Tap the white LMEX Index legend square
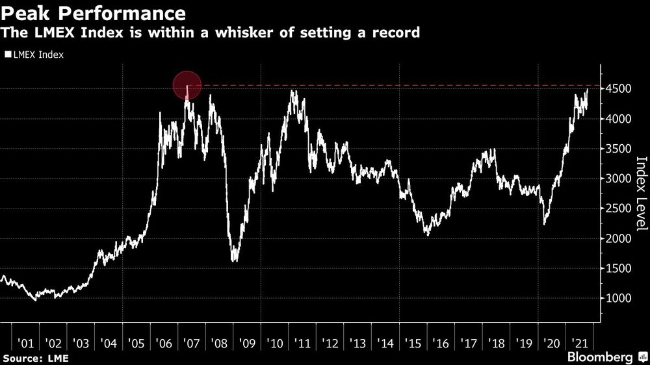pyautogui.click(x=8, y=55)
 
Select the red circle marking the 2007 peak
pyautogui.click(x=187, y=85)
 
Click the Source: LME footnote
pyautogui.click(x=35, y=358)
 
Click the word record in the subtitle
pyautogui.click(x=396, y=32)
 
